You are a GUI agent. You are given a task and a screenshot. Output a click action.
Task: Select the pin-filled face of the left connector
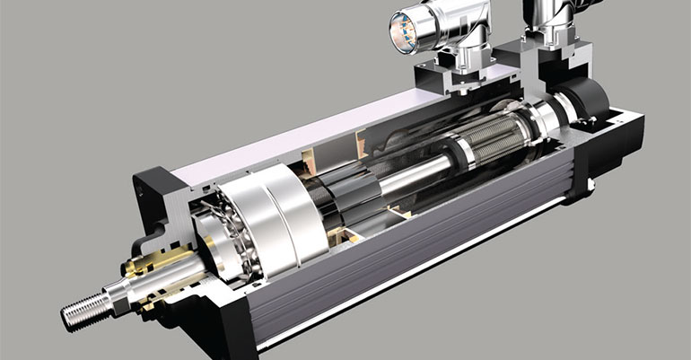point(401,31)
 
